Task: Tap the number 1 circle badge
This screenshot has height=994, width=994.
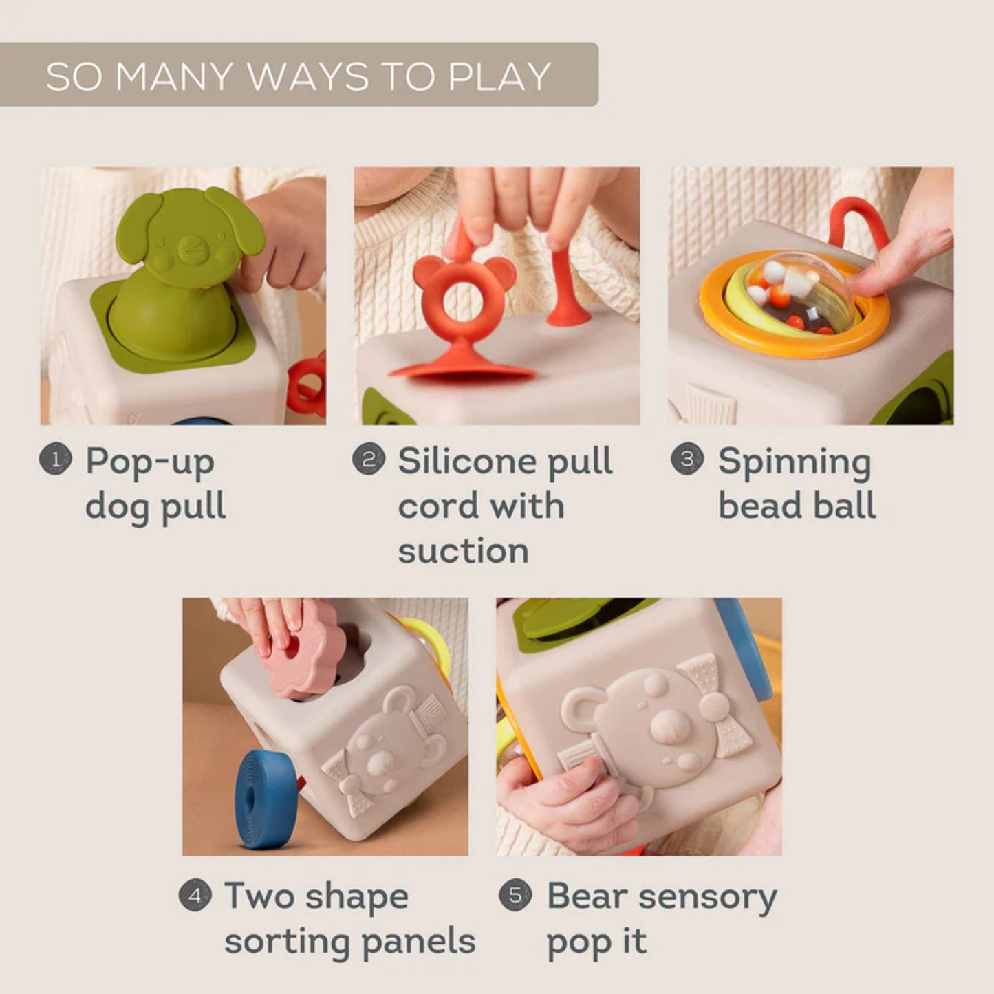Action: pyautogui.click(x=56, y=460)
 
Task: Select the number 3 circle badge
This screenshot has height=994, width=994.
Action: pyautogui.click(x=687, y=459)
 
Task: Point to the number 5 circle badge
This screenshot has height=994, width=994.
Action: pyautogui.click(x=515, y=895)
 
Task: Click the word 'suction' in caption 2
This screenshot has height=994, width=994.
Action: pyautogui.click(x=463, y=551)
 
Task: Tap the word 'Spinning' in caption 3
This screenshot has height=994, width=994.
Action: pyautogui.click(x=794, y=462)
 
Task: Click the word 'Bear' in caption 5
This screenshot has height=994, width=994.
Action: pyautogui.click(x=585, y=896)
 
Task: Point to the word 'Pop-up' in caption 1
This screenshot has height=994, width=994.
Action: pyautogui.click(x=149, y=462)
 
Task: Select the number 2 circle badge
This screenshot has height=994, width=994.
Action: pyautogui.click(x=369, y=459)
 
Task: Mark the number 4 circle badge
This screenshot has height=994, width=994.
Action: pyautogui.click(x=195, y=896)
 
